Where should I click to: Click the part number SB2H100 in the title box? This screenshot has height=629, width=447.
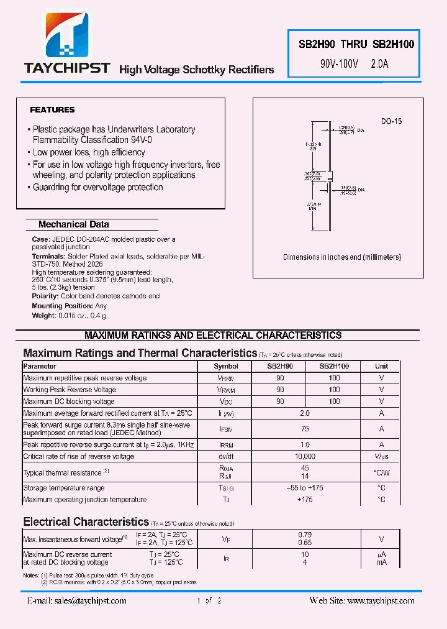[393, 44]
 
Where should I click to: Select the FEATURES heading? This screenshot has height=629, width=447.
[52, 110]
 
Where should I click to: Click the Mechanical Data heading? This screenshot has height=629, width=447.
[73, 224]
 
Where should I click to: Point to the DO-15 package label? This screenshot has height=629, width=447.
[391, 121]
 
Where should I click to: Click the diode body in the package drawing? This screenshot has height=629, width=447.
[330, 175]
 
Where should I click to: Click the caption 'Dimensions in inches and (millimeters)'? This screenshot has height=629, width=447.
[342, 257]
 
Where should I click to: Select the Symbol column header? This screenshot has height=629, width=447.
[225, 367]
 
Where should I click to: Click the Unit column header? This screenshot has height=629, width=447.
[381, 367]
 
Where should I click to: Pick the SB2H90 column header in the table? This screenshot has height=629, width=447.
[280, 367]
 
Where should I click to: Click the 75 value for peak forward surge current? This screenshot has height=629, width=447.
[305, 429]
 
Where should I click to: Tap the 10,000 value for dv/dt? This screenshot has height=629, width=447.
[305, 456]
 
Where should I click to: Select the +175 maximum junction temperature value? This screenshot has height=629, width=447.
[305, 500]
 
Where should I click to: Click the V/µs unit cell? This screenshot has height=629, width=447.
[381, 456]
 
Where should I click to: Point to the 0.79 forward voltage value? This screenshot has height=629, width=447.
[305, 535]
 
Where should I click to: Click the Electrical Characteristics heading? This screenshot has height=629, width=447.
[86, 521]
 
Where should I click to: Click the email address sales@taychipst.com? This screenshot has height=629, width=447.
[77, 600]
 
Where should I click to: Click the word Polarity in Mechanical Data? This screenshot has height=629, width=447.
[45, 296]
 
